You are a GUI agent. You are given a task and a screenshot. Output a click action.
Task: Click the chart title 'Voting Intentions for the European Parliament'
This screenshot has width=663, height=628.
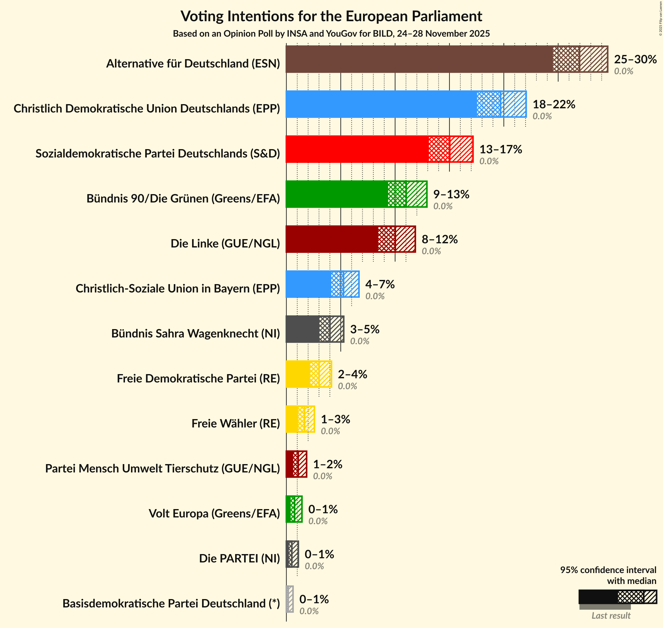point(331,16)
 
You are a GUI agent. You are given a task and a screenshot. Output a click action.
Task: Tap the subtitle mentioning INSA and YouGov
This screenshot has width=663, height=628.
point(331,34)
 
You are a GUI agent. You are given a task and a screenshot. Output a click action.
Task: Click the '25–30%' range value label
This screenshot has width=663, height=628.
point(635,59)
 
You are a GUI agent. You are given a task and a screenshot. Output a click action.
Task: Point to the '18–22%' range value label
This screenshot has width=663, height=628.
point(553,104)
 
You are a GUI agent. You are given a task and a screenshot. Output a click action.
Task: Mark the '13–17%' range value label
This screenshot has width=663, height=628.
point(500,149)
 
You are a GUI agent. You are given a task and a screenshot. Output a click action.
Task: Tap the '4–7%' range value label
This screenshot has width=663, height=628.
point(380,284)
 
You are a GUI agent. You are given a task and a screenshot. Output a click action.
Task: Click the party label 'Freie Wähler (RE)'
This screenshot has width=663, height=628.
point(235,424)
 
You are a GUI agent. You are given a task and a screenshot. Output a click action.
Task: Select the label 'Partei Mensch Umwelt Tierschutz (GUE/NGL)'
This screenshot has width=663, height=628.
point(163,468)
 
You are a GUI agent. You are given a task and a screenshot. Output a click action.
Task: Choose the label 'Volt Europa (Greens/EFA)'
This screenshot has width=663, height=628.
point(214,513)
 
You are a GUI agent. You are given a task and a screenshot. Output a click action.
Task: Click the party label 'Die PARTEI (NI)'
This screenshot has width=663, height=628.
point(239,558)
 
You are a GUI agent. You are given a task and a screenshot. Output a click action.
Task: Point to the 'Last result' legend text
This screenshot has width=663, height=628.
point(611,615)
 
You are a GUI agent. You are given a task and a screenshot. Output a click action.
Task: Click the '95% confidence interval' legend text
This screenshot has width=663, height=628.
point(608,570)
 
